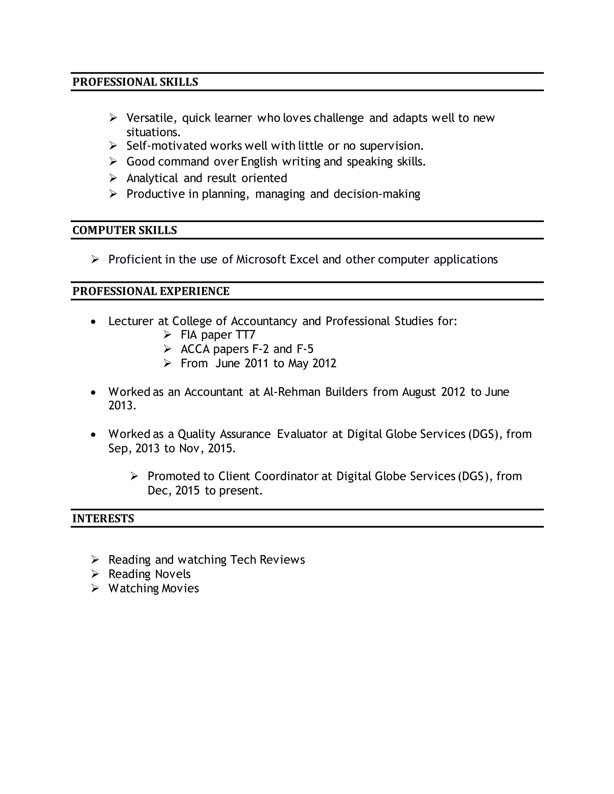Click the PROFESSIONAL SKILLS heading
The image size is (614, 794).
pyautogui.click(x=135, y=82)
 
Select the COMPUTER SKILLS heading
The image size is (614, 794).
pyautogui.click(x=124, y=230)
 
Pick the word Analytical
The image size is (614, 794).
pyautogui.click(x=152, y=178)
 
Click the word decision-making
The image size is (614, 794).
pyautogui.click(x=377, y=194)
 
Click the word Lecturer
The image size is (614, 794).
pyautogui.click(x=131, y=321)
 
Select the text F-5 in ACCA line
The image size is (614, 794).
pyautogui.click(x=305, y=349)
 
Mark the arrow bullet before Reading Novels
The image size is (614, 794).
pyautogui.click(x=95, y=574)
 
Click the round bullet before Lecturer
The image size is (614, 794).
pyautogui.click(x=94, y=322)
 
